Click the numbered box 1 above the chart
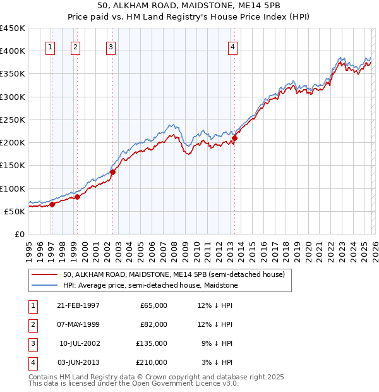tap(50, 46)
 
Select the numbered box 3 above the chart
tap(111, 46)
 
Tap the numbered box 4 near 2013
tap(232, 46)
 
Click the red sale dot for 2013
tap(234, 138)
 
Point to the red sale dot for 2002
tap(112, 172)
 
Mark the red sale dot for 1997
tap(52, 204)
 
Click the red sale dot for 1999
tap(77, 197)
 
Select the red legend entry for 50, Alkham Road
tap(174, 275)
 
